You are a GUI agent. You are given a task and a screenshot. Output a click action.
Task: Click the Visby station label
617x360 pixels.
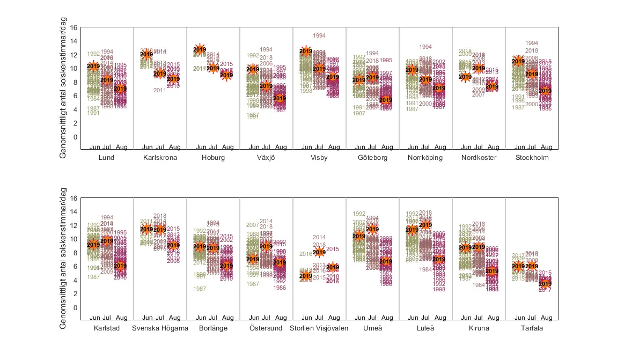tap(319, 158)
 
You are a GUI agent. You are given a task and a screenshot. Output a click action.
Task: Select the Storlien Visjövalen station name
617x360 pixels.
tap(319, 328)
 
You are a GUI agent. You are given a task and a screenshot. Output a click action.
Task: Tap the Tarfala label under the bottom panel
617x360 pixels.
tap(532, 328)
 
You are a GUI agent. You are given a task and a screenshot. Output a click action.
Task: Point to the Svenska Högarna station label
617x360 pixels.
tap(160, 328)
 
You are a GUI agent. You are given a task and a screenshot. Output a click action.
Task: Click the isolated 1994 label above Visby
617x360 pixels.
tap(319, 36)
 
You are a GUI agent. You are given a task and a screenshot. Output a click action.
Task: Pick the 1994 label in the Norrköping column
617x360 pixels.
tap(425, 47)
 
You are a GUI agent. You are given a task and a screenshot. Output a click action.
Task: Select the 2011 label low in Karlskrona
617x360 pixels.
tap(159, 90)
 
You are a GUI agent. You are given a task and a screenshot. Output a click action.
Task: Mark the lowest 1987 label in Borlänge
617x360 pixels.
tap(200, 289)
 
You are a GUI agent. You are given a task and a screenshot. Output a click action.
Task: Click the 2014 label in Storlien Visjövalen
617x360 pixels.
tap(319, 238)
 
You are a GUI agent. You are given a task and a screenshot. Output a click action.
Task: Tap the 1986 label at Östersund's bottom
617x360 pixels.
tap(280, 288)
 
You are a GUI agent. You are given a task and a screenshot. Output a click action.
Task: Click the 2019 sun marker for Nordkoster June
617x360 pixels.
tap(466, 77)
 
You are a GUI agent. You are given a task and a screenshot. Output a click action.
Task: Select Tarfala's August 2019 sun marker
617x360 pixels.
tap(545, 284)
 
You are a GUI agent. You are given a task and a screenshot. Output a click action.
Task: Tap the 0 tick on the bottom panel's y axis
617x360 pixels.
tap(76, 308)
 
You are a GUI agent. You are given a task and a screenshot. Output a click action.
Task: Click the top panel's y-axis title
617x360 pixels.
tap(63, 89)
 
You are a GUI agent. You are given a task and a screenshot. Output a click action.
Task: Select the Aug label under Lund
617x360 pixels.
tap(121, 147)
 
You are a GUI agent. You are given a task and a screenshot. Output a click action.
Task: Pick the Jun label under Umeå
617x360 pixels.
tap(359, 318)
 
